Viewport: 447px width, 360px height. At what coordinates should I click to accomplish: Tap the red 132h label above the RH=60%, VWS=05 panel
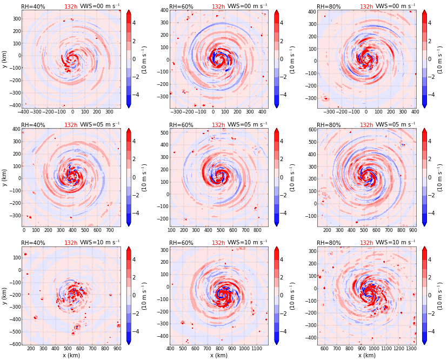[x=218, y=125]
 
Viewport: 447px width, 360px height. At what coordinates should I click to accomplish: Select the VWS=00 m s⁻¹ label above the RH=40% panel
[x=99, y=6]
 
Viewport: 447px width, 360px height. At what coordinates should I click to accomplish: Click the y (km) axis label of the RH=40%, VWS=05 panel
[x=5, y=177]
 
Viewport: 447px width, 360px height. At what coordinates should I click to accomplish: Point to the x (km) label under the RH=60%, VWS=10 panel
[x=218, y=356]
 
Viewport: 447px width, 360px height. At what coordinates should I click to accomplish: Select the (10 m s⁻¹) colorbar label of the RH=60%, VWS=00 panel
[x=292, y=58]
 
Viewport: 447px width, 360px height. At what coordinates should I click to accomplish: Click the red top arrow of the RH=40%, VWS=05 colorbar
[x=129, y=131]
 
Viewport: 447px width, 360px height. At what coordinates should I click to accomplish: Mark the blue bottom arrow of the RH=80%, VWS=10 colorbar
[x=424, y=342]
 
